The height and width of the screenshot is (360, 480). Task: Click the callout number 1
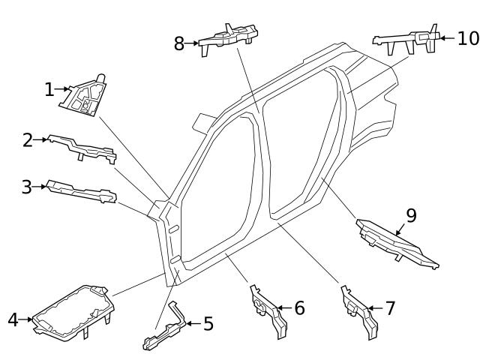click(x=49, y=90)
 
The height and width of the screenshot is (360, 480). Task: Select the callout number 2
click(x=28, y=140)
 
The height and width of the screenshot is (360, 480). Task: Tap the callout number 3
click(x=27, y=187)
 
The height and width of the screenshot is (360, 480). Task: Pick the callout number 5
click(x=208, y=324)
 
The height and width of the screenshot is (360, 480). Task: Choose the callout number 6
click(x=299, y=307)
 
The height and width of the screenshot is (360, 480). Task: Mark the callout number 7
click(x=389, y=307)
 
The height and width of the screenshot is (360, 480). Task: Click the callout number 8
click(x=179, y=43)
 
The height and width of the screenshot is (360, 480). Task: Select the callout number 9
click(x=410, y=216)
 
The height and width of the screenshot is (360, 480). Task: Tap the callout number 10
click(x=467, y=37)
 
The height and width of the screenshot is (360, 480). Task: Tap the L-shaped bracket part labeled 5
click(x=165, y=328)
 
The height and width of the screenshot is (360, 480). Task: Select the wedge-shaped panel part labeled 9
click(x=394, y=242)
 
